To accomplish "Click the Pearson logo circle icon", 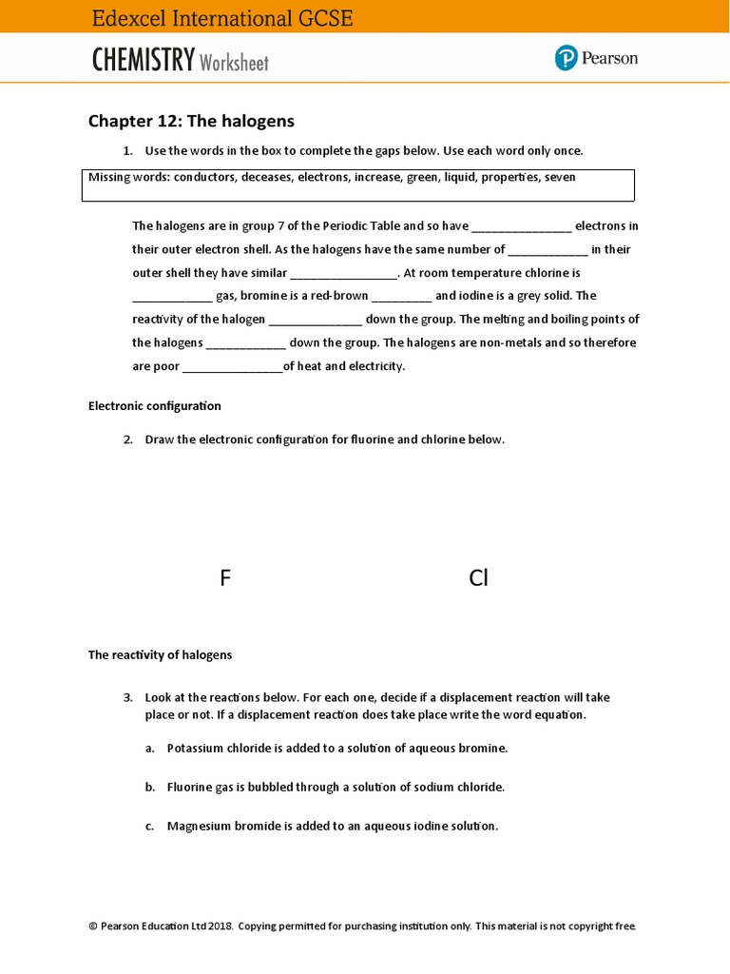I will tap(567, 58).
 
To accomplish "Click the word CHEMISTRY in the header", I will tap(143, 61).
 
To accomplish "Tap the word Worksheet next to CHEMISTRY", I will tap(234, 64).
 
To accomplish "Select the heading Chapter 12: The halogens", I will tap(191, 121).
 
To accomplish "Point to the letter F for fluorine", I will tap(225, 577).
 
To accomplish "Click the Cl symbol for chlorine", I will tap(478, 577).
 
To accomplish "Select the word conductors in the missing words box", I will tap(203, 177).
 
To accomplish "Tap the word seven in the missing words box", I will tap(560, 177).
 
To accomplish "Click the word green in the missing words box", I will tap(422, 177).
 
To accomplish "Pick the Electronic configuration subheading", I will tap(154, 406).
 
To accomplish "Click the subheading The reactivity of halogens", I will tap(160, 654).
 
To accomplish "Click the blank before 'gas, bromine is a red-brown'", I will tap(172, 297).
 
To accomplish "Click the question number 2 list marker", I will tap(127, 439).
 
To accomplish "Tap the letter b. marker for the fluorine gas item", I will tap(150, 788).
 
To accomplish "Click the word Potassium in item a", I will tap(197, 748).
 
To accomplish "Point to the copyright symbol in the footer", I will tap(93, 925).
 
